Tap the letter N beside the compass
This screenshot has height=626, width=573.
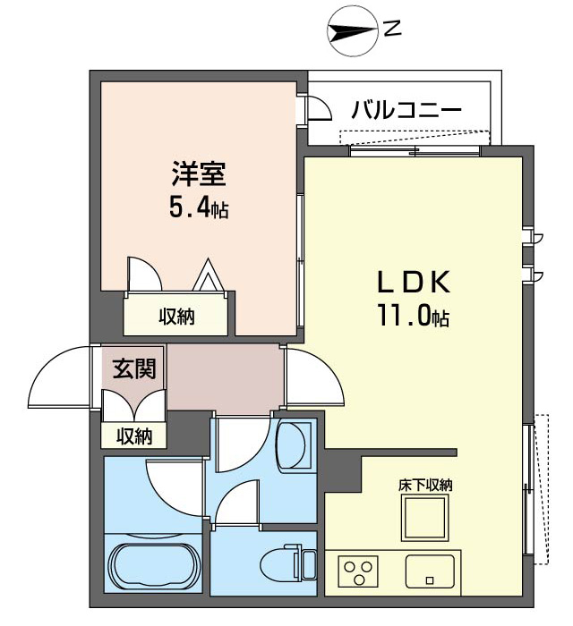pyautogui.click(x=392, y=30)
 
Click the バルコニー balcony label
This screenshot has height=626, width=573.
pyautogui.click(x=406, y=111)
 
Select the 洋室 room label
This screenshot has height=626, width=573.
pyautogui.click(x=199, y=173)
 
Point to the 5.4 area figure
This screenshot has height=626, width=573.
pyautogui.click(x=190, y=208)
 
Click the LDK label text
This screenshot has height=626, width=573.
pyautogui.click(x=414, y=283)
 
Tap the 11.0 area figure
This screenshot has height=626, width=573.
pyautogui.click(x=404, y=317)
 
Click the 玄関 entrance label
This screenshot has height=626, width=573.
pyautogui.click(x=134, y=368)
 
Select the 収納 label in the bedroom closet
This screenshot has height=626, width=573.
pyautogui.click(x=177, y=317)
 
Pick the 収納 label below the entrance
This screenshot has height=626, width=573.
pyautogui.click(x=134, y=436)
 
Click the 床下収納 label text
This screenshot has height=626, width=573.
pyautogui.click(x=425, y=485)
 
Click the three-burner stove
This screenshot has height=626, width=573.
pyautogui.click(x=358, y=571)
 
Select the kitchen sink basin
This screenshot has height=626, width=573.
pyautogui.click(x=430, y=571)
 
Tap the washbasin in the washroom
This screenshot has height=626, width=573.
pyautogui.click(x=295, y=445)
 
